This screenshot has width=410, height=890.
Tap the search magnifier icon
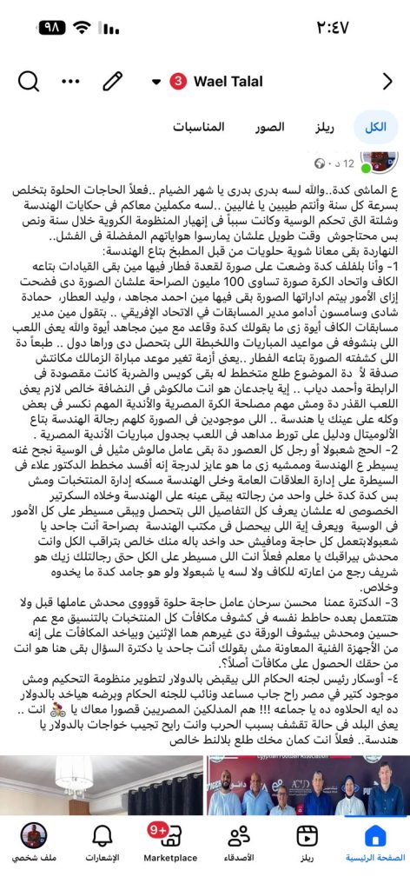point(28,82)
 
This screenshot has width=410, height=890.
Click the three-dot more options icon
point(71,82)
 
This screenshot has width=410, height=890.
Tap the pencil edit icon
point(112,82)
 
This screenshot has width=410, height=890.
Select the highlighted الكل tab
point(376,127)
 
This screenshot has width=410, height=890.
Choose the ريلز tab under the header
point(324,127)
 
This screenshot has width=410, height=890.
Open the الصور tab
point(270,127)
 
